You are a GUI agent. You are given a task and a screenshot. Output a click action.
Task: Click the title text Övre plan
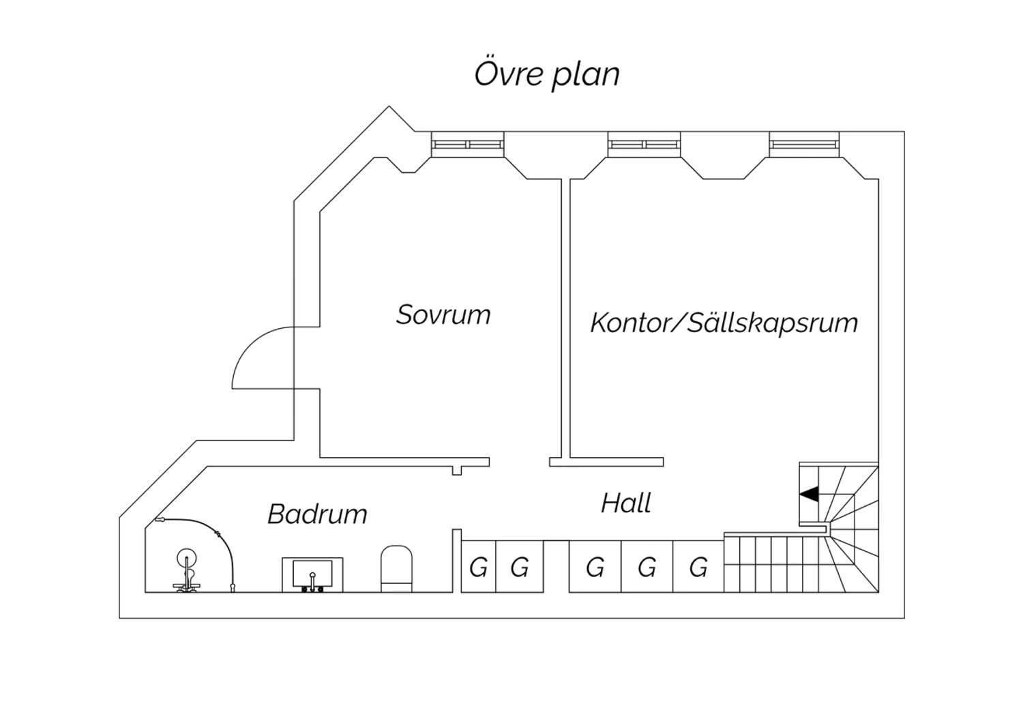[x=547, y=74]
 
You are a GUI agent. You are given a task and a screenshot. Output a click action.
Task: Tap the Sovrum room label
[x=443, y=314]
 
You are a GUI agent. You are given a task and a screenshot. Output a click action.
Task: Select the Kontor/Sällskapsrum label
[x=724, y=323]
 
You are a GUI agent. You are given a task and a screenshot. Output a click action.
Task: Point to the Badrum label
[x=317, y=514]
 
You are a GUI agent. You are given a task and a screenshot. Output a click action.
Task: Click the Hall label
[x=625, y=503]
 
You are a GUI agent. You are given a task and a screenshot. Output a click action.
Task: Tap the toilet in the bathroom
[x=396, y=567]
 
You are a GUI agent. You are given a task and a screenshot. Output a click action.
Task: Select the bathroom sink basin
[x=312, y=574]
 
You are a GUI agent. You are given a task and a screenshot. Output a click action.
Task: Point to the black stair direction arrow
[x=810, y=494]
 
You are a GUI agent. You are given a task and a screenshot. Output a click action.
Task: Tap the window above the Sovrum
[x=468, y=144]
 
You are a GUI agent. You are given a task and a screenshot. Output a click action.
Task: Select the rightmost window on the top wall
[x=804, y=144]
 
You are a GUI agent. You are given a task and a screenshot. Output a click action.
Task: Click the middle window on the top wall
[x=644, y=144]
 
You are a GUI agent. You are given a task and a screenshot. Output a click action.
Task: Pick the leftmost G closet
[x=479, y=567]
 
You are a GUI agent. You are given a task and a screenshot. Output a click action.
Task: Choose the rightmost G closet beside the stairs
[x=698, y=567]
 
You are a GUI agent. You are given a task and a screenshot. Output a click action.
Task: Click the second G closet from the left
[x=520, y=567]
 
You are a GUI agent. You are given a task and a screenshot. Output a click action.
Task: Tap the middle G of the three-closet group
[x=647, y=567]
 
